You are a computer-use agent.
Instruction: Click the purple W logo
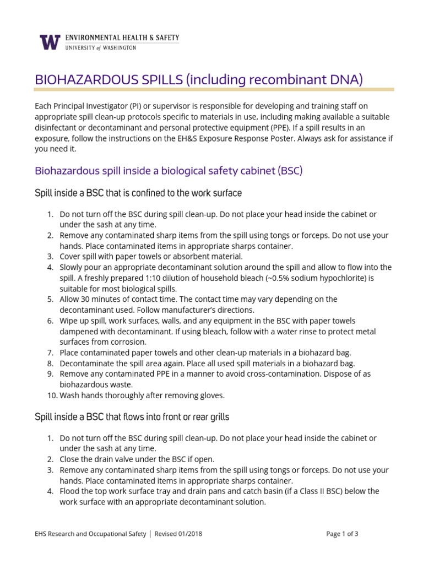50,42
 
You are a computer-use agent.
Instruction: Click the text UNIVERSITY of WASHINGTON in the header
100,48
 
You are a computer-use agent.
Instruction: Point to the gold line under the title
214,89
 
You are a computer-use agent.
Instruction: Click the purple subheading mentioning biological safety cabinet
169,171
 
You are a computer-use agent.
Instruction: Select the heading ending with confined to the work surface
138,193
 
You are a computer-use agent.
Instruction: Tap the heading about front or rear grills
132,417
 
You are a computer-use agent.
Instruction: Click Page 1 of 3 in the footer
342,534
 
